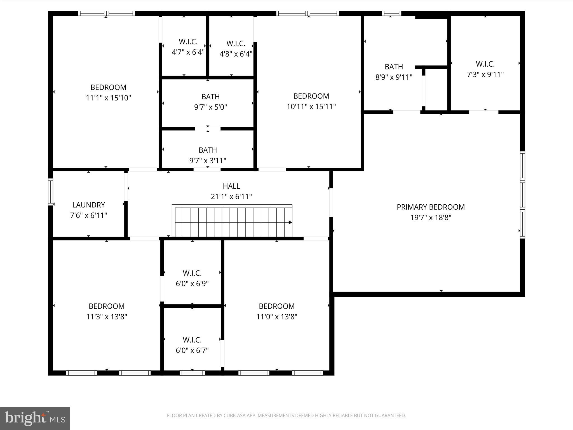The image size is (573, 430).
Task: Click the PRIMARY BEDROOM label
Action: (x=431, y=207)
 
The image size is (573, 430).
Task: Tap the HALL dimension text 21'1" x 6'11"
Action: (x=231, y=197)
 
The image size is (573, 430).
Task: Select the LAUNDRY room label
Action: (x=89, y=205)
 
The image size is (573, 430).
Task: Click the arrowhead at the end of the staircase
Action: (x=290, y=223)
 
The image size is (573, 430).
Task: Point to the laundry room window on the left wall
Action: (x=51, y=192)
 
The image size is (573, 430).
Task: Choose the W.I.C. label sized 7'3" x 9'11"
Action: (x=485, y=64)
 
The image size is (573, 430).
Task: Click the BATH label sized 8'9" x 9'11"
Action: (x=394, y=67)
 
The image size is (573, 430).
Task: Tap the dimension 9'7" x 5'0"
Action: (x=210, y=107)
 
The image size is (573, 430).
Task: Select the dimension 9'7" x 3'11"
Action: (x=208, y=161)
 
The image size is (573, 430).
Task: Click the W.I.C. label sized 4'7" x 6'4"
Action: (x=188, y=42)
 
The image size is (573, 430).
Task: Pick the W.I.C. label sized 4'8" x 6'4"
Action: (x=236, y=44)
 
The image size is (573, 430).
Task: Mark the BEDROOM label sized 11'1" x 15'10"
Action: (x=108, y=87)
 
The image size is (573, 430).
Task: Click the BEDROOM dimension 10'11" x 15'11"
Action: (x=311, y=107)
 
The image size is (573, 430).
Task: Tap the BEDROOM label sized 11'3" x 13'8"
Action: (x=107, y=306)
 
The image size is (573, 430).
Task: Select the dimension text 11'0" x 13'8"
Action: (x=277, y=317)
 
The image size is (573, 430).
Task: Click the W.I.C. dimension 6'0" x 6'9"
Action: (x=192, y=284)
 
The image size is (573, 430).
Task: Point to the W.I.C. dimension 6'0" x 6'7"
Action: (x=192, y=350)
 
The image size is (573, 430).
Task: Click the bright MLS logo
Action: (x=35, y=419)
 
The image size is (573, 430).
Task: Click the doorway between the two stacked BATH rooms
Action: (x=208, y=129)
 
